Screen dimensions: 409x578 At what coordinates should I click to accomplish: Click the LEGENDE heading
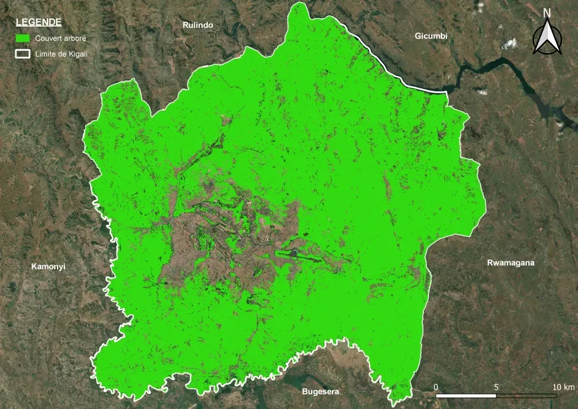39,23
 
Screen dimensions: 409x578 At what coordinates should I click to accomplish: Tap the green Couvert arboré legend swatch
23,38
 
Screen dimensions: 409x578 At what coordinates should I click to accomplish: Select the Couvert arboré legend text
60,38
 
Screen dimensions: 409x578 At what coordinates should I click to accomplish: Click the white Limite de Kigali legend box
23,54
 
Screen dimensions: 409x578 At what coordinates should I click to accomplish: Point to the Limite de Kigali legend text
61,54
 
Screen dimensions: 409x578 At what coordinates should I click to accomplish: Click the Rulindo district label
198,25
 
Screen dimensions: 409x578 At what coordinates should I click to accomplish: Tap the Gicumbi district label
431,36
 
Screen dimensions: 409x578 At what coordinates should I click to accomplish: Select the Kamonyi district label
49,266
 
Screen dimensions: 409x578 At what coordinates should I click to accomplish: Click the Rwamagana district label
510,263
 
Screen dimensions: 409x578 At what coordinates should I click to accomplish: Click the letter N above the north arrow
547,13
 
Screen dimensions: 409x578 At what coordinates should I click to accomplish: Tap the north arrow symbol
547,38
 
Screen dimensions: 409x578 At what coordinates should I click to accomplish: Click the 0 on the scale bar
436,387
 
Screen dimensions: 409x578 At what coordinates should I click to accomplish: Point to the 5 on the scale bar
496,387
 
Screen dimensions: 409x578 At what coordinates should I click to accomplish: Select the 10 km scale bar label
563,387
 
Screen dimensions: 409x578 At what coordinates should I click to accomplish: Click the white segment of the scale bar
466,395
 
